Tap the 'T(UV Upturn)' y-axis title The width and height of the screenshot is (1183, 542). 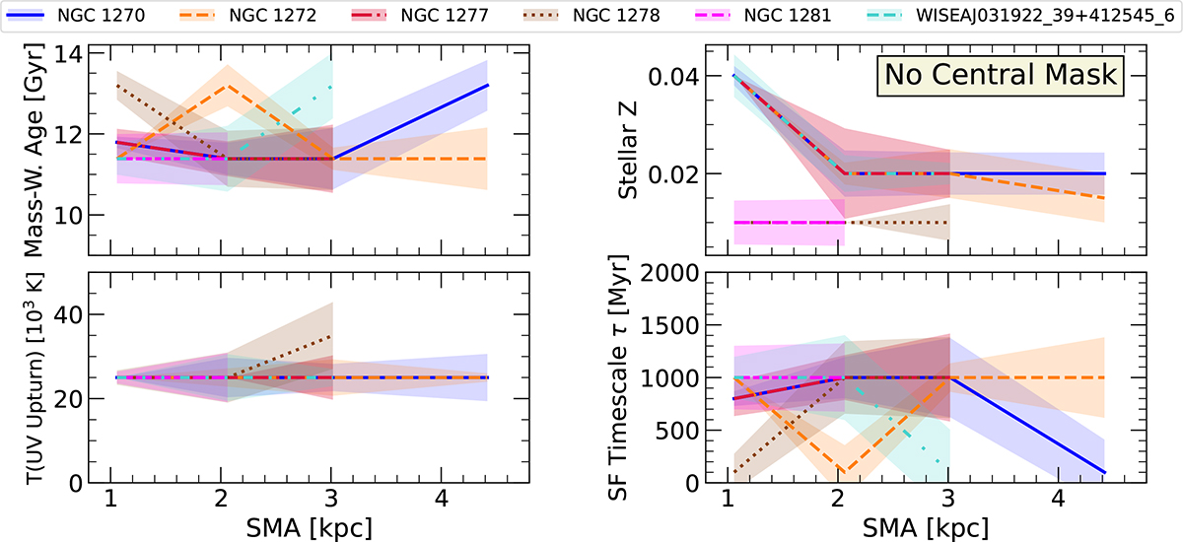(x=21, y=376)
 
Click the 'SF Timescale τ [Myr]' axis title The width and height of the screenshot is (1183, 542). (x=628, y=376)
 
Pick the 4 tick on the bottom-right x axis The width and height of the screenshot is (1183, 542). (x=1059, y=503)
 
